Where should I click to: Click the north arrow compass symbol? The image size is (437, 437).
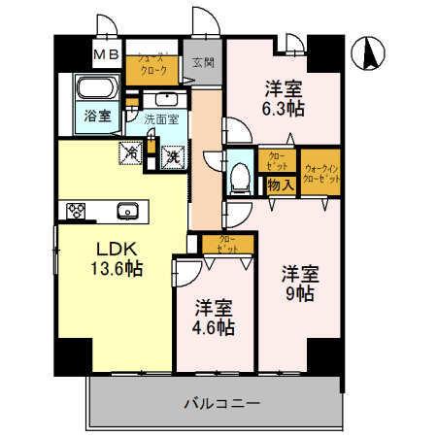[368, 52]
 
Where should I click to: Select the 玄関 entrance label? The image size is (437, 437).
[202, 63]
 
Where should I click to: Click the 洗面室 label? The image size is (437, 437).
[160, 119]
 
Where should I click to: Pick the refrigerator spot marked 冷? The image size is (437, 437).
[130, 152]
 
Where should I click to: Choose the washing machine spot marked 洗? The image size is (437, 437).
[172, 153]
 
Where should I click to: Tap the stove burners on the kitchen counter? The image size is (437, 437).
[77, 210]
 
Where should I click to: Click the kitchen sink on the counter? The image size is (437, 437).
[125, 210]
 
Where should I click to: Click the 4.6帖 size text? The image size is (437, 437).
[213, 326]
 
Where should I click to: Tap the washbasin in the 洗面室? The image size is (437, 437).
[161, 99]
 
